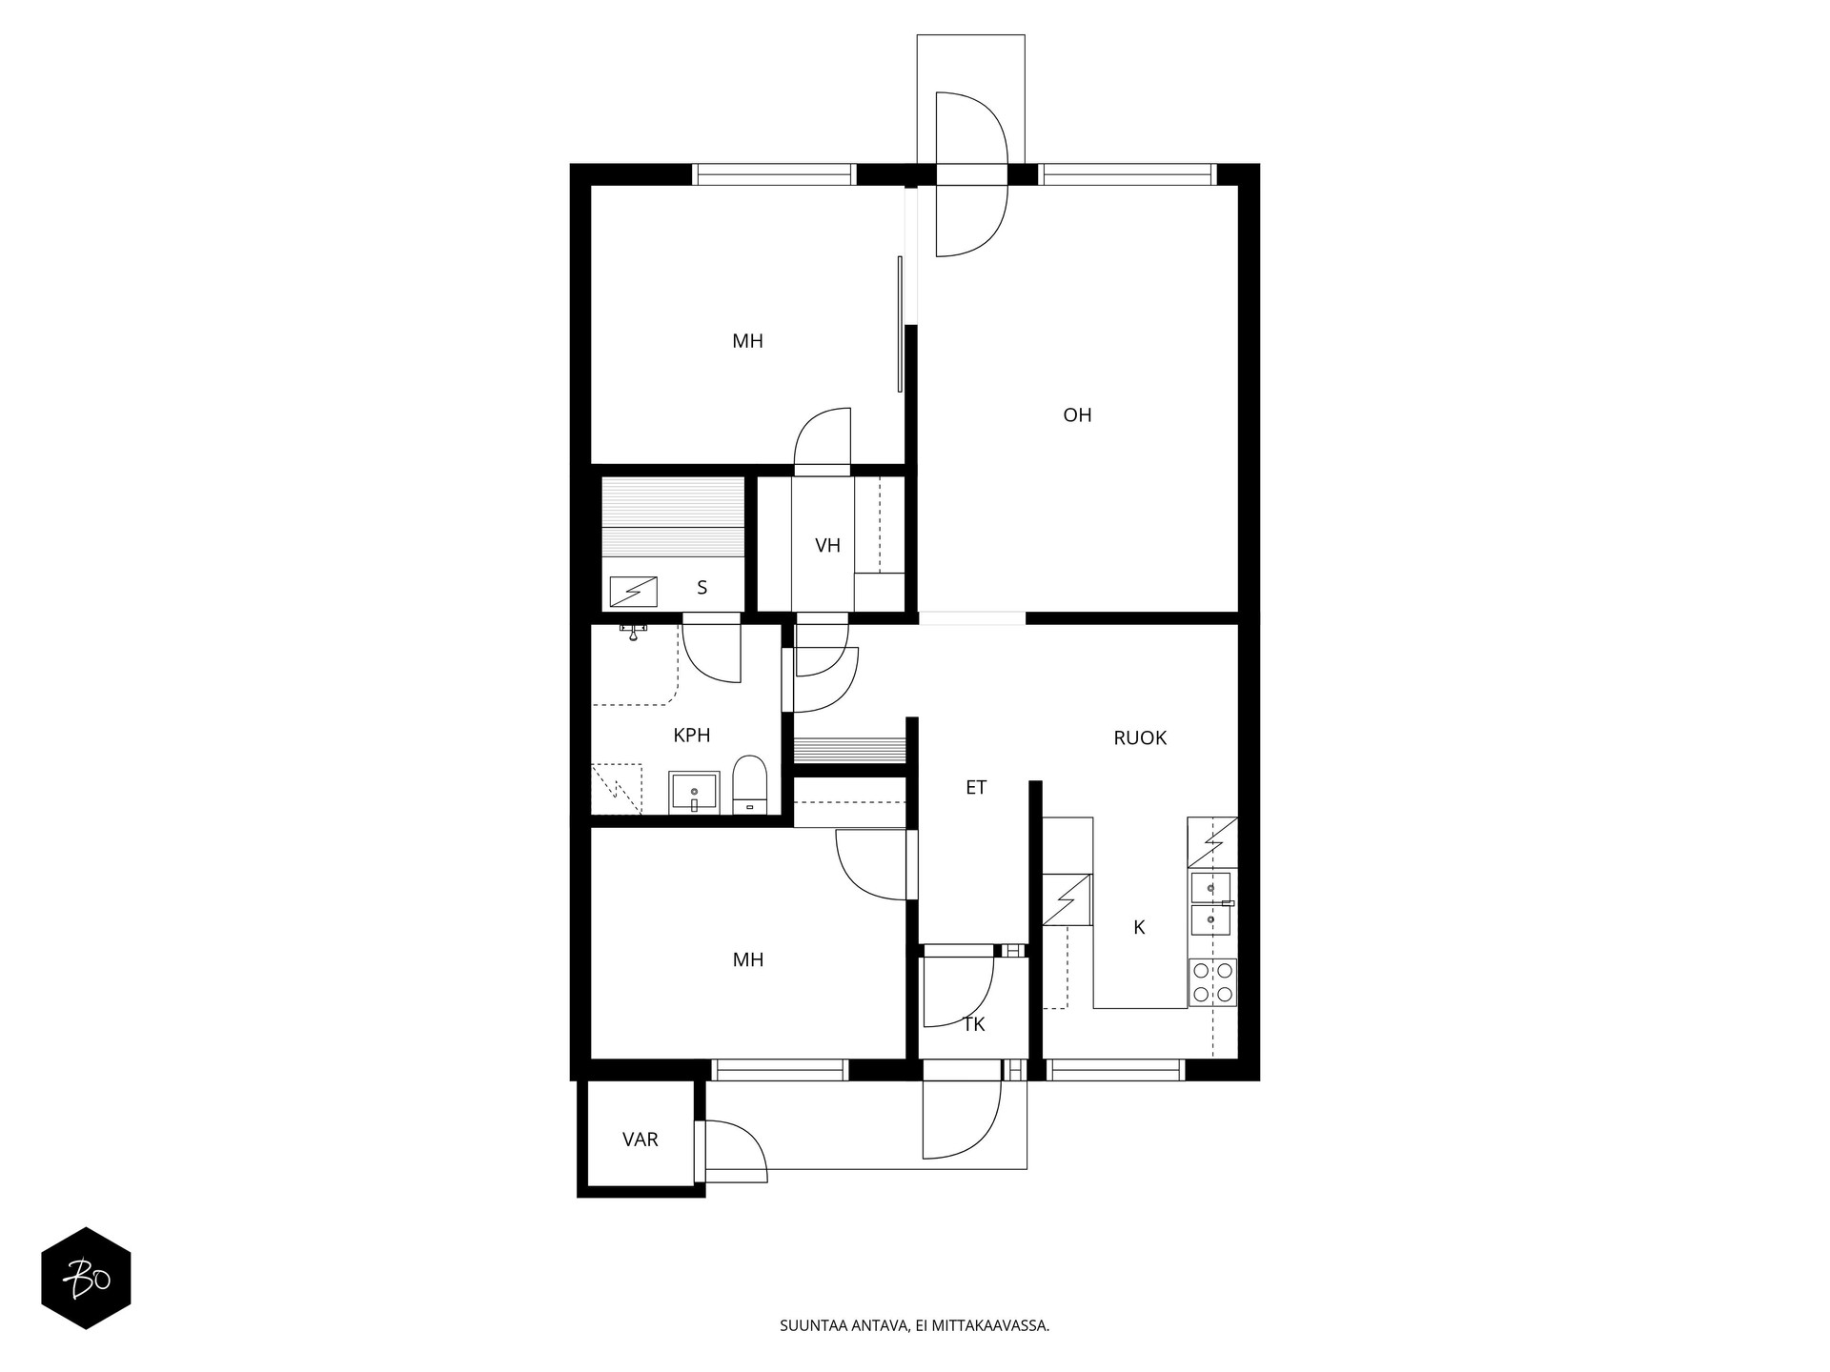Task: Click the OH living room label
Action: point(1077,415)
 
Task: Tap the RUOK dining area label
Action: point(1140,737)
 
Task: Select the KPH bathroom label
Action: point(691,735)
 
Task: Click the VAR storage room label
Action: point(640,1140)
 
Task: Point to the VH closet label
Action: point(827,546)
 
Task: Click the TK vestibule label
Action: point(973,1024)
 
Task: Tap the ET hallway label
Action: point(975,787)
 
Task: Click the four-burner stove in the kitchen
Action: point(1212,982)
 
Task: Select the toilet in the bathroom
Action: point(750,784)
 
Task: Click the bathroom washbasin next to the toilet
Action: point(693,792)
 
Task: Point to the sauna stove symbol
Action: point(633,592)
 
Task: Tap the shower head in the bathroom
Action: point(633,632)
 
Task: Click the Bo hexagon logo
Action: point(86,1278)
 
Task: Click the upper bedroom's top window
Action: point(773,174)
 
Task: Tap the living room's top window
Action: point(1128,174)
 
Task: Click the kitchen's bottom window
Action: point(1115,1070)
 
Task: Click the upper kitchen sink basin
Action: point(1210,888)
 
